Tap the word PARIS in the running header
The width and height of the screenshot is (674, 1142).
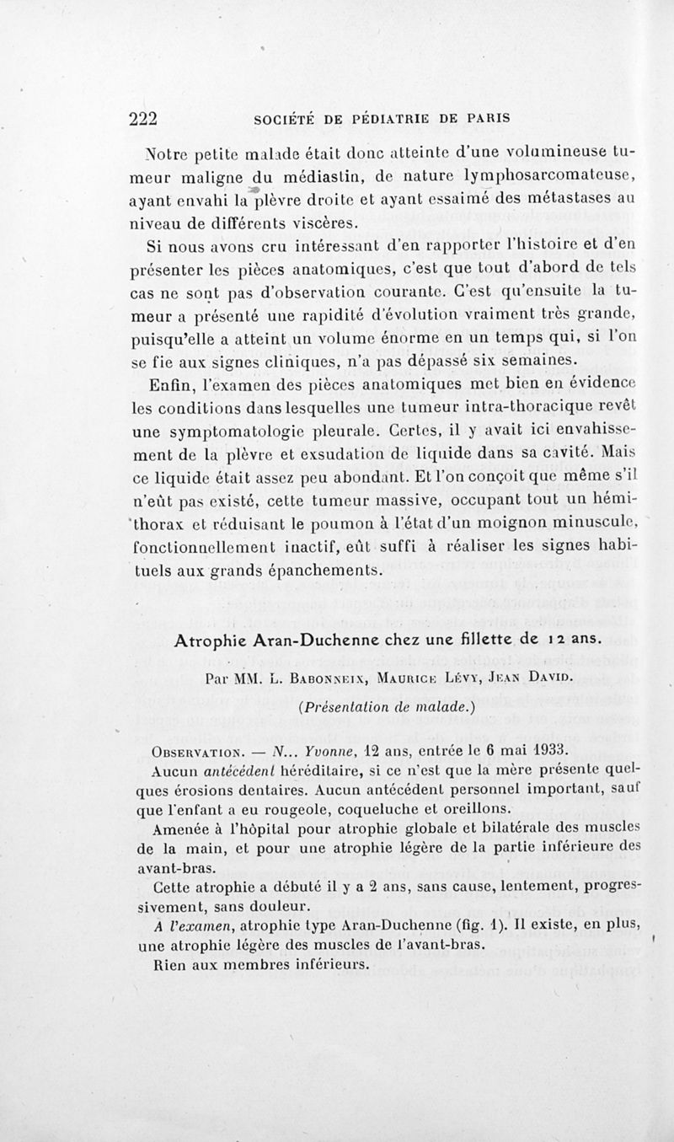pos(488,119)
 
